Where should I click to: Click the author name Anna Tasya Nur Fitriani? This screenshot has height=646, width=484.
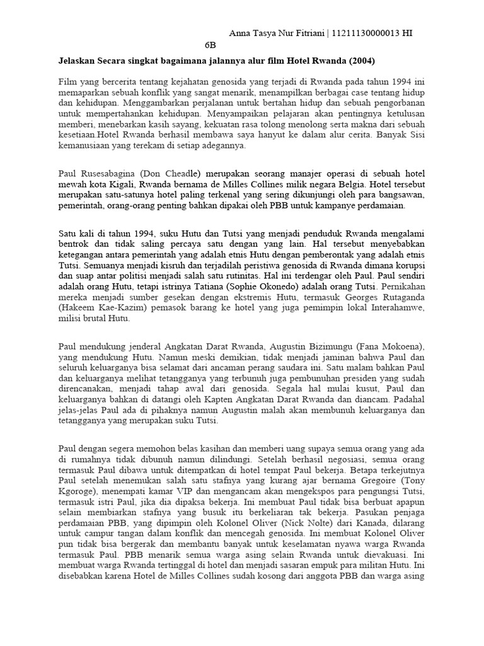click(x=275, y=33)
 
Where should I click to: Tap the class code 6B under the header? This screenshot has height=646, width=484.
click(x=210, y=46)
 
